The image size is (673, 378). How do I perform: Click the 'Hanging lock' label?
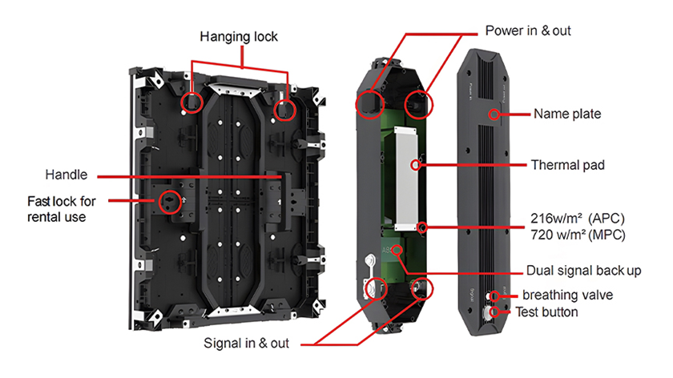[239, 37]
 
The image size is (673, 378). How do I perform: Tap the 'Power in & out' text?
[528, 30]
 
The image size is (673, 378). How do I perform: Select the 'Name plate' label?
[567, 115]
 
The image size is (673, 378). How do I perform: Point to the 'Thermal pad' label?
[568, 166]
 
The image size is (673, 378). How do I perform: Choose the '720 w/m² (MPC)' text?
[578, 236]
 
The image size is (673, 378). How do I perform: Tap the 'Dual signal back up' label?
[583, 270]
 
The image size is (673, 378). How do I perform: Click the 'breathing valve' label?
[567, 296]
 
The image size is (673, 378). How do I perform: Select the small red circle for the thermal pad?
[416, 165]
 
